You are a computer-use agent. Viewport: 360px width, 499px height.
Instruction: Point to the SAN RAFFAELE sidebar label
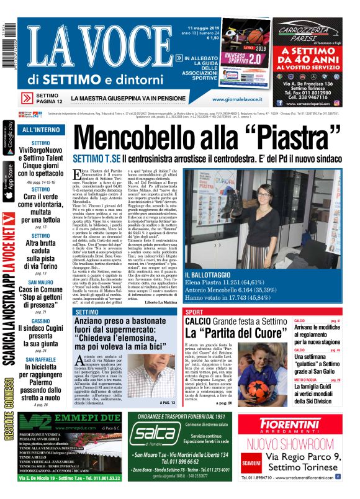tap(41, 359)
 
